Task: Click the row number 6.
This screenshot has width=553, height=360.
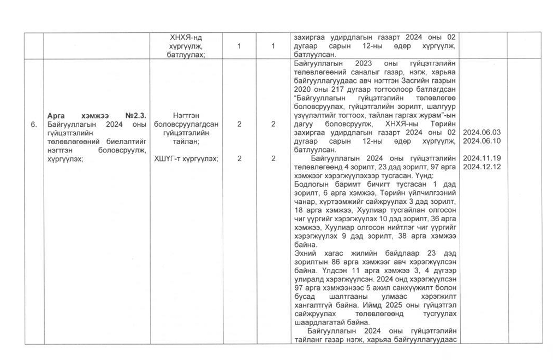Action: click(x=33, y=125)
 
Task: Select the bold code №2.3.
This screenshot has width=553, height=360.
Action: click(x=135, y=116)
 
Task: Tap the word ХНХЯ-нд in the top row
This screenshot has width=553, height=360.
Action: click(x=187, y=38)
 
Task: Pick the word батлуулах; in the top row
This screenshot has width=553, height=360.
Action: click(x=187, y=55)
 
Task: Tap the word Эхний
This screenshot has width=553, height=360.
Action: click(x=305, y=253)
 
